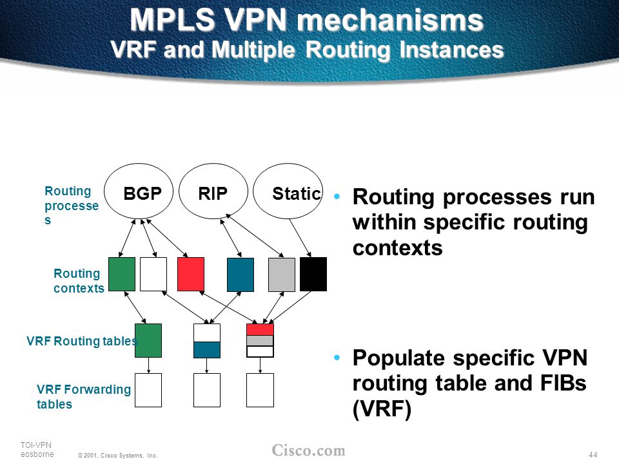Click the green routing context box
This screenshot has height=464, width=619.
click(122, 275)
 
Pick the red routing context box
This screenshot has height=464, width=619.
click(191, 275)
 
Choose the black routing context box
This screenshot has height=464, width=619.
click(313, 275)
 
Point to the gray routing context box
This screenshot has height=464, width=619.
click(282, 275)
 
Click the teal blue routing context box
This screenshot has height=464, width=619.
click(241, 275)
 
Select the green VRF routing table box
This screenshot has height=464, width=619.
click(148, 340)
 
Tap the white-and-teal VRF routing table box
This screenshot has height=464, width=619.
click(207, 341)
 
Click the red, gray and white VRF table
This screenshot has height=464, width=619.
click(260, 340)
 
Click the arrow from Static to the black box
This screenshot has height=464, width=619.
click(300, 238)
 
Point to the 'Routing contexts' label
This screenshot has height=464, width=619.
click(79, 280)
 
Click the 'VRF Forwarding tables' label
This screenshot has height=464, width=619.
click(84, 396)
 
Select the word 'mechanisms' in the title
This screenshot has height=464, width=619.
click(390, 21)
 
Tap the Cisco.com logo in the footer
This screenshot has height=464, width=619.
click(308, 450)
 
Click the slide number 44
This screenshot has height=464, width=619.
click(593, 454)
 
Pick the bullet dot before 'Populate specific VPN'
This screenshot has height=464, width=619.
click(337, 358)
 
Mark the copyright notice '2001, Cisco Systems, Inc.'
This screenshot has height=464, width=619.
click(117, 456)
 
